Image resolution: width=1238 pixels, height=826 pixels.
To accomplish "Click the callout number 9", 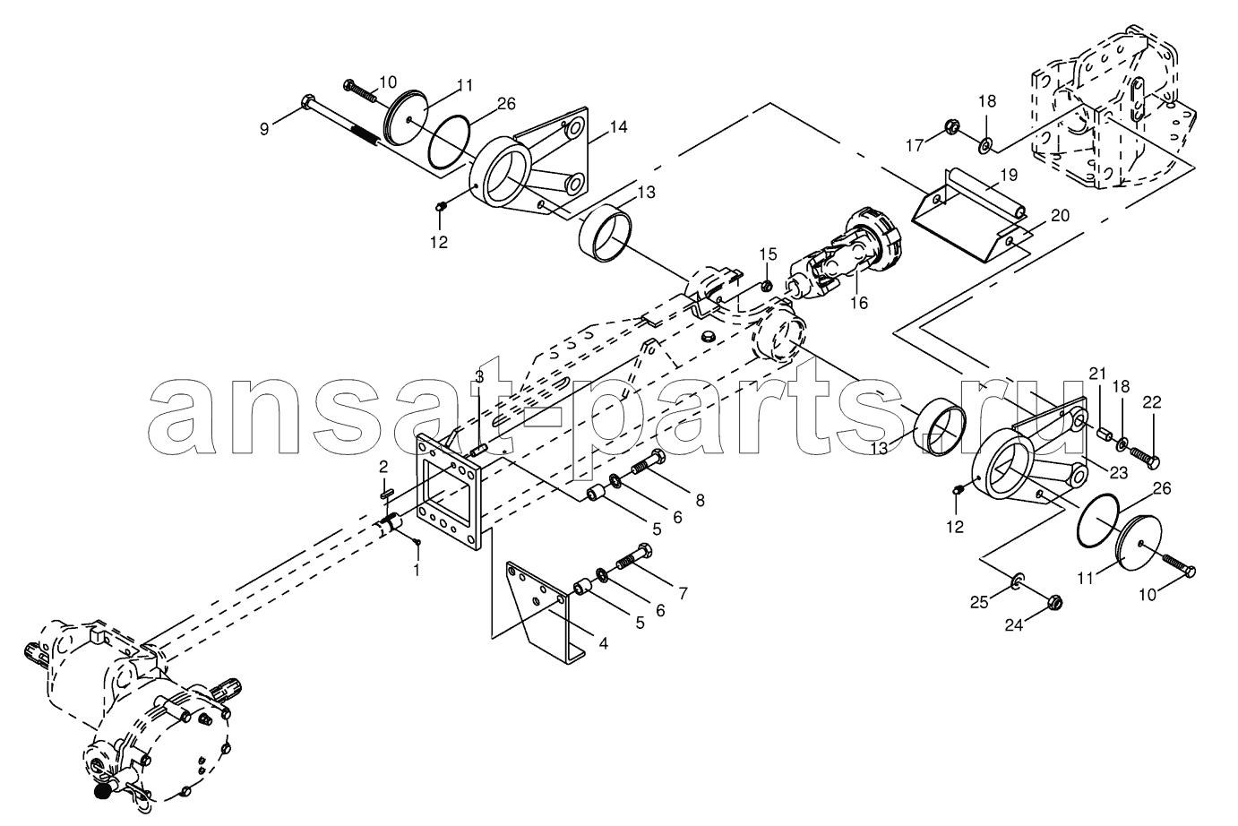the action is (264, 129).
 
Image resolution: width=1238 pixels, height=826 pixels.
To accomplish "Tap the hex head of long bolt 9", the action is (306, 103).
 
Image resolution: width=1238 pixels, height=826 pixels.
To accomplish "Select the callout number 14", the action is (619, 127).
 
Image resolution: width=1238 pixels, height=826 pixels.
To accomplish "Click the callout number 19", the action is (1009, 176).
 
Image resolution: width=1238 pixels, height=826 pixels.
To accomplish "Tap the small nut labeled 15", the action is (766, 286).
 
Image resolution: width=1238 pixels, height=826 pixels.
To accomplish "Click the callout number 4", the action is (604, 643).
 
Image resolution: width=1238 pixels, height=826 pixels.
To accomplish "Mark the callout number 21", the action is (1097, 374).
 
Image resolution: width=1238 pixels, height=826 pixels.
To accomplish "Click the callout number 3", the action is (479, 377).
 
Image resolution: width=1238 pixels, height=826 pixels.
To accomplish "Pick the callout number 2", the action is (383, 467).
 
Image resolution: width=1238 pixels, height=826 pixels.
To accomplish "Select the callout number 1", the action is (417, 570).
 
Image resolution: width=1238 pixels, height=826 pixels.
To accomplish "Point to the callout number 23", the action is (1119, 474).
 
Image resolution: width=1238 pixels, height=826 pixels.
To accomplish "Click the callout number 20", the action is (1061, 216).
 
